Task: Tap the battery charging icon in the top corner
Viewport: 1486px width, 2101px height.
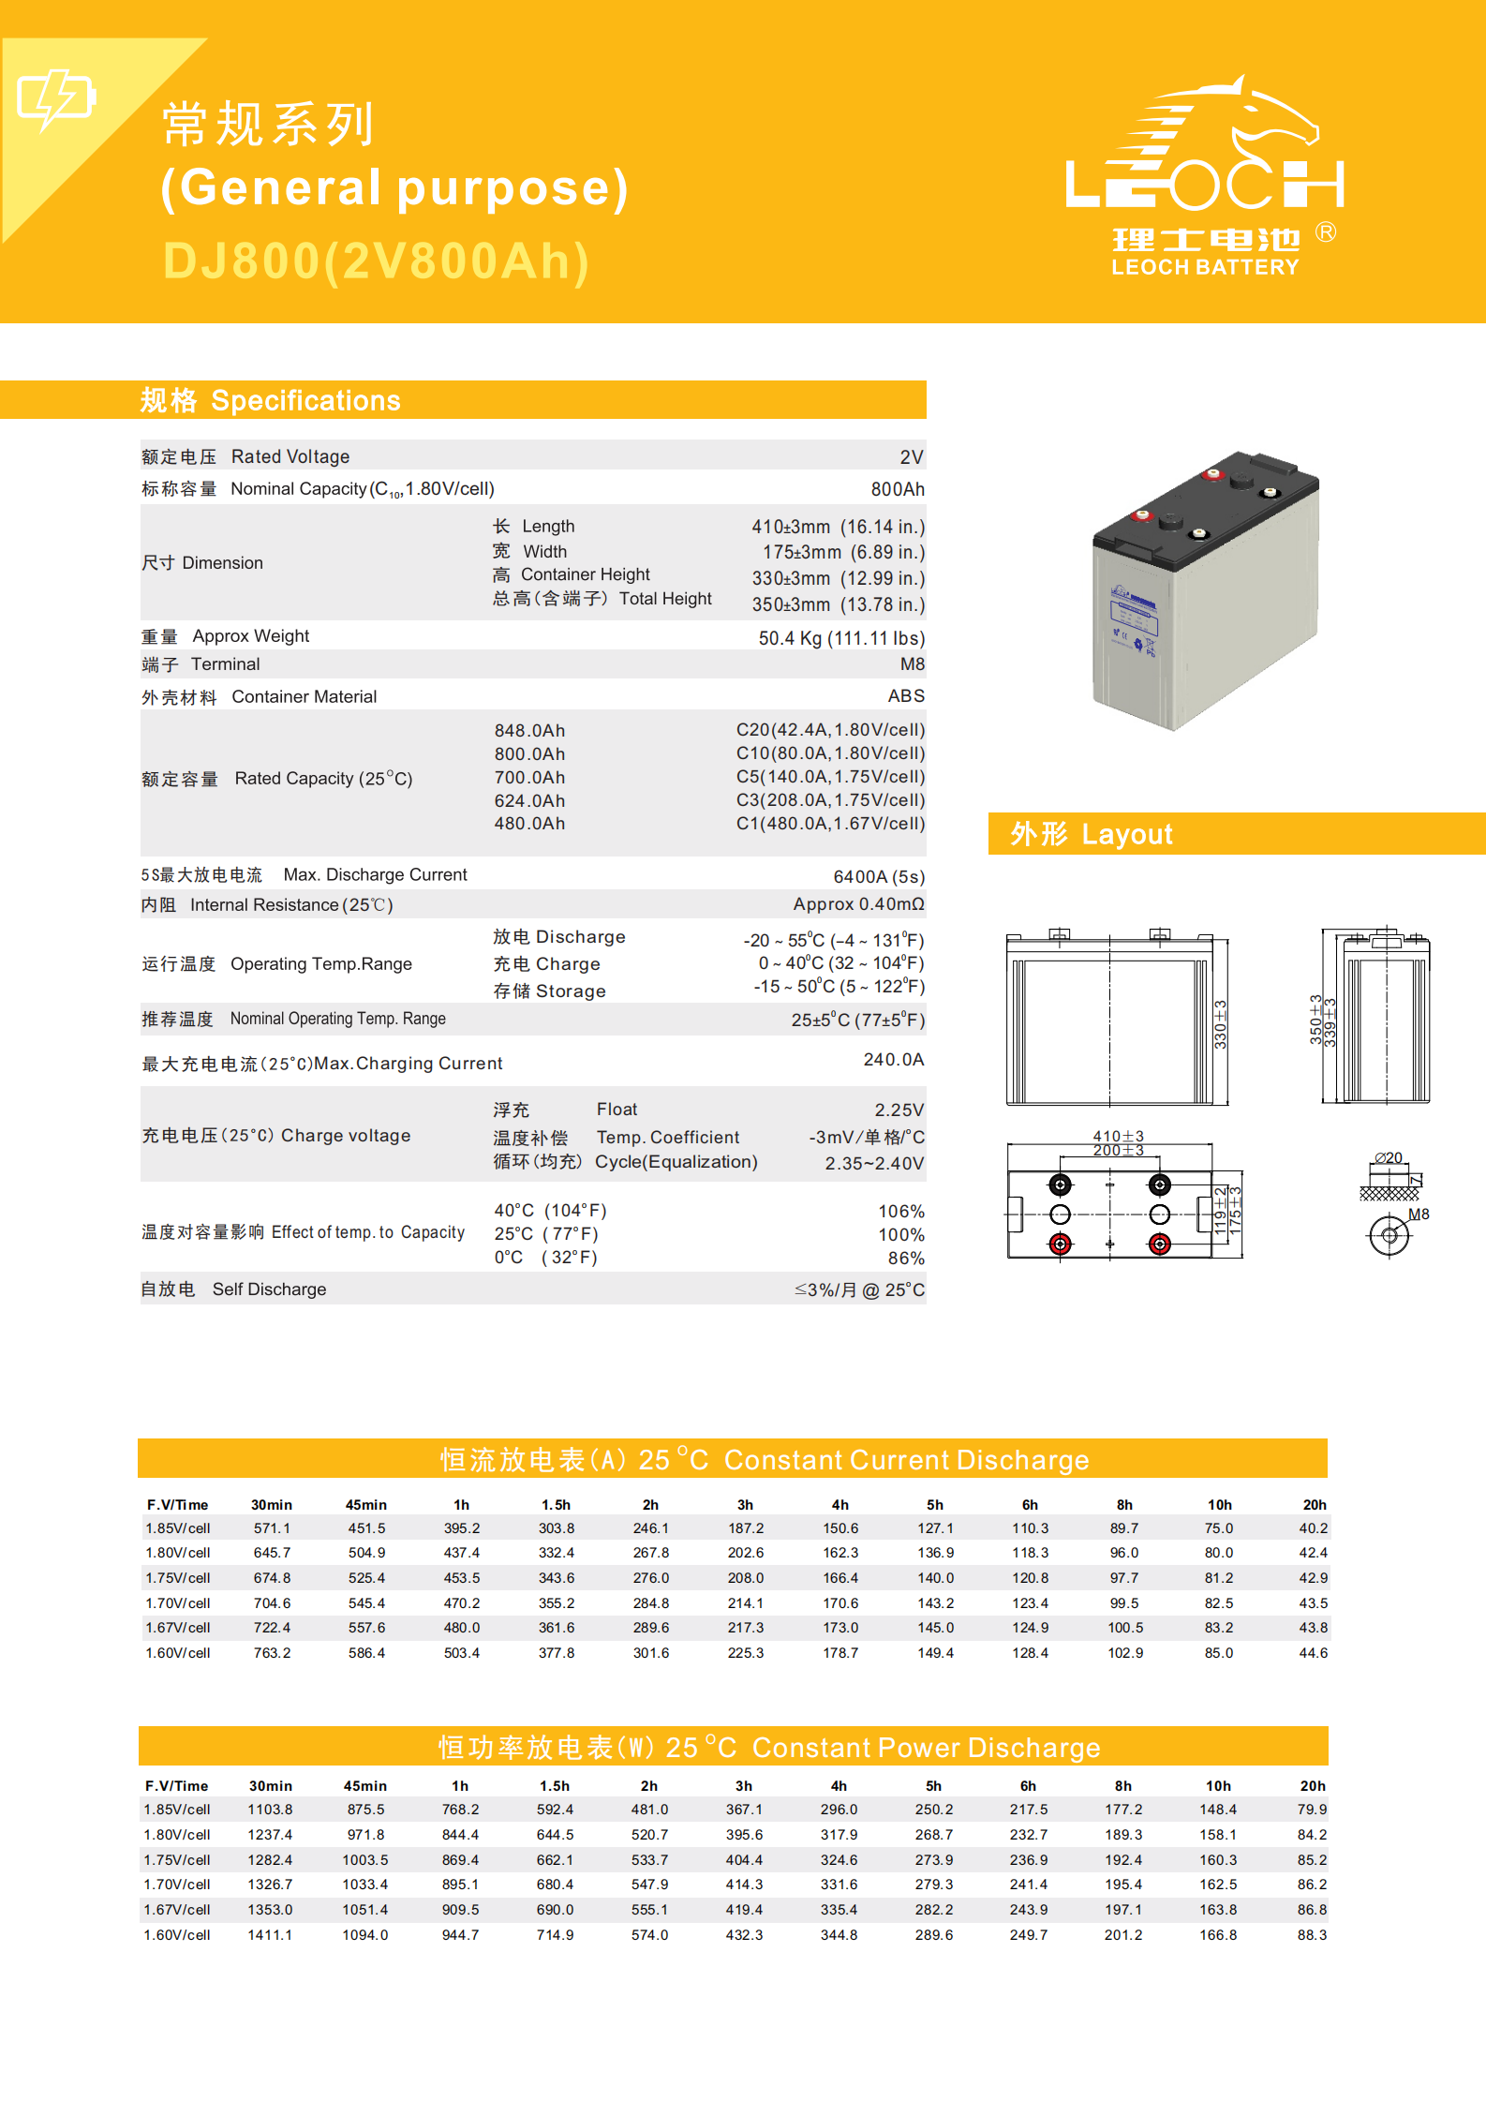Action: click(56, 97)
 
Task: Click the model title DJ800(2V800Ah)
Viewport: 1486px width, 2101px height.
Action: click(376, 261)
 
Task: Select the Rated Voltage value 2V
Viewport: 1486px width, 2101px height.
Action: click(911, 457)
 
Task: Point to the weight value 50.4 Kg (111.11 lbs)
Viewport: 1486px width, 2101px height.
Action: click(840, 638)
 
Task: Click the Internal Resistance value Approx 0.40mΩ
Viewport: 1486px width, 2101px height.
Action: click(857, 904)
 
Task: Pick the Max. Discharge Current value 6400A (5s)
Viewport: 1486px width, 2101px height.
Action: click(878, 877)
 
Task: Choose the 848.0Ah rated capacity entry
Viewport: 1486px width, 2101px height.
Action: click(529, 731)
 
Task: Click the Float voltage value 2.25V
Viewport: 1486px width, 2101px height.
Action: click(899, 1110)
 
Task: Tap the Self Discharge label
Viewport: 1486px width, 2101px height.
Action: click(269, 1289)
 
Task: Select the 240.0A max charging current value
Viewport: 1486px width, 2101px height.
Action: click(893, 1060)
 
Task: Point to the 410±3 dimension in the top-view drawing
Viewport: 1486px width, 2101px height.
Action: click(1118, 1136)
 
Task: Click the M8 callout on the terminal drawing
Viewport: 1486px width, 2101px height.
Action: click(1419, 1214)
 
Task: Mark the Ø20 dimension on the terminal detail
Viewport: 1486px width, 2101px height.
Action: click(1389, 1158)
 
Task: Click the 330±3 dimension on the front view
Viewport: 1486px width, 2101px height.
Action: click(1220, 1023)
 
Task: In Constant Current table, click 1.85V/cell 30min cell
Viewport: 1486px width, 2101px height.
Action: click(272, 1528)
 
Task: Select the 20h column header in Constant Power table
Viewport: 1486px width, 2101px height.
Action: click(1312, 1786)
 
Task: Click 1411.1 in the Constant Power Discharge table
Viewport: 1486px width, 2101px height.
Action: click(270, 1935)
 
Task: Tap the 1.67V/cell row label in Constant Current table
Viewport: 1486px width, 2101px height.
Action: click(178, 1628)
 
